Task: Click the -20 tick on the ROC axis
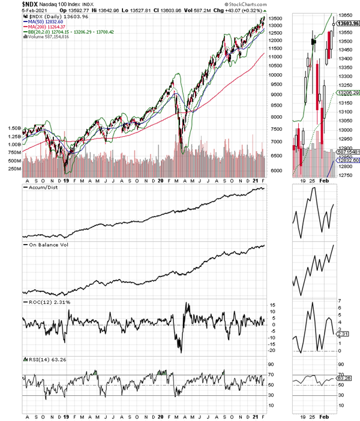click(272, 350)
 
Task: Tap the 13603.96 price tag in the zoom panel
click(348, 23)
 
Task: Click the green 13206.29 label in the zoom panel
click(347, 93)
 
